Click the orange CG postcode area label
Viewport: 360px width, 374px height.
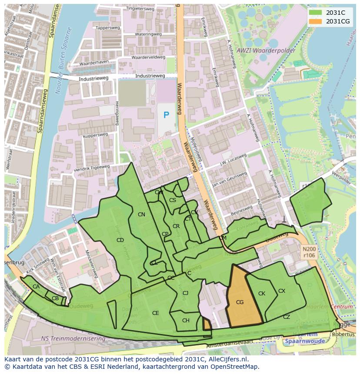[x=240, y=302]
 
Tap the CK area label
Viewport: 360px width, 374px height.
[x=262, y=294]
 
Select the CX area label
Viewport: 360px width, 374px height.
[x=282, y=291]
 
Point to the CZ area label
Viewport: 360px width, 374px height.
[x=287, y=317]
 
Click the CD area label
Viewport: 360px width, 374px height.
[x=120, y=240]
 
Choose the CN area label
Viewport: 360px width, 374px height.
[x=141, y=215]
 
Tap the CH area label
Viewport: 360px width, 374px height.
[x=186, y=321]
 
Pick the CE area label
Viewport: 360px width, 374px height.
[x=156, y=313]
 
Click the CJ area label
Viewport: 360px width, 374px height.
[x=185, y=293]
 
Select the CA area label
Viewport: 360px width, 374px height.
[x=36, y=287]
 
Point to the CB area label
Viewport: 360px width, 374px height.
[x=55, y=298]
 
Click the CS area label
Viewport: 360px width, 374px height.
[x=173, y=200]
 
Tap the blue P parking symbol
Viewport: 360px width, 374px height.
[x=166, y=115]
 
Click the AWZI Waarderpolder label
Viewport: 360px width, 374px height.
[x=266, y=51]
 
